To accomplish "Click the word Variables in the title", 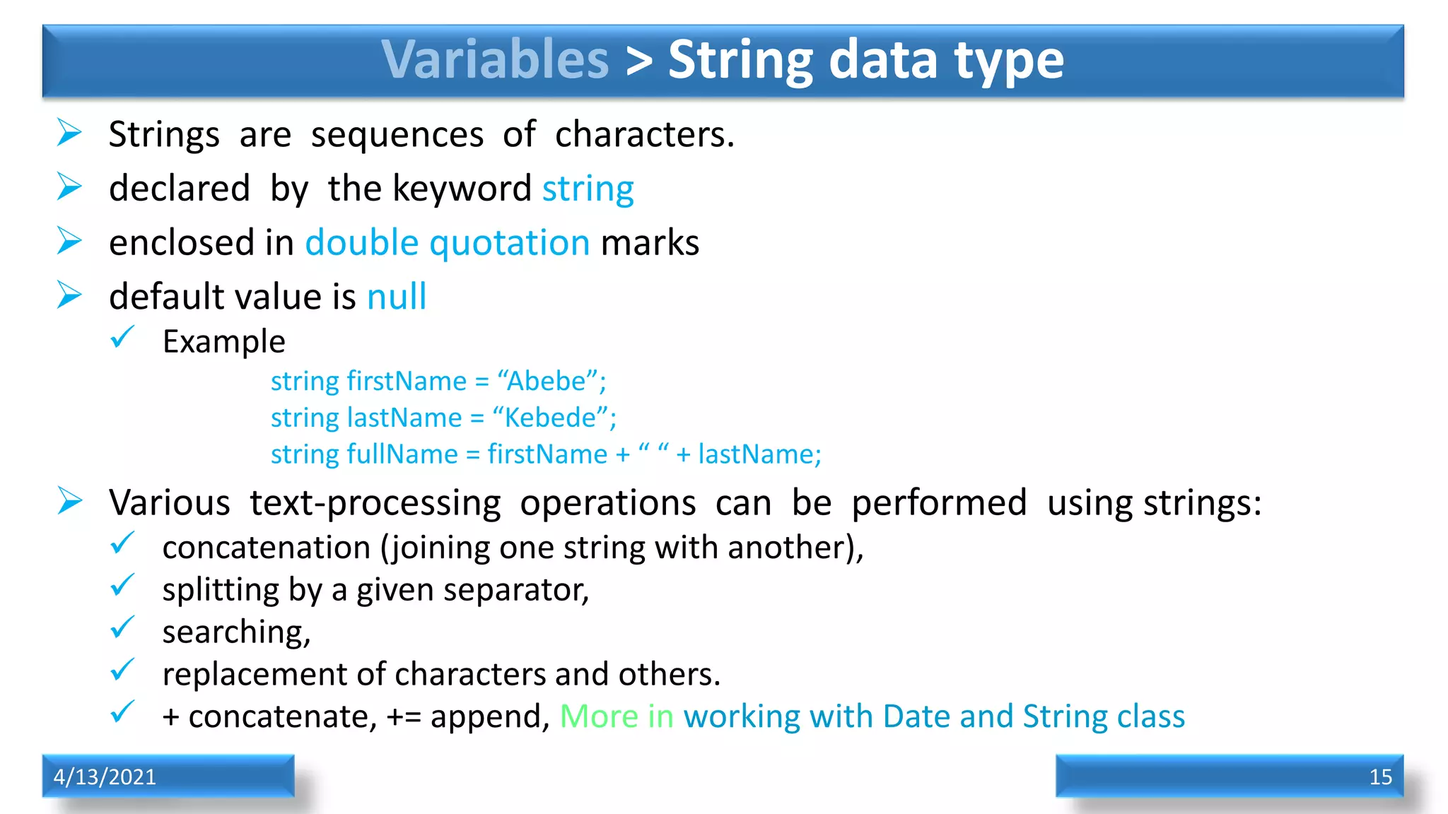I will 495,59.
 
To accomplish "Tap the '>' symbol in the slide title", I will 638,61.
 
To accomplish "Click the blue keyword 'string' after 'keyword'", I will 588,189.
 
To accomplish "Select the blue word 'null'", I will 397,297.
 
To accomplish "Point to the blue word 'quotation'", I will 509,244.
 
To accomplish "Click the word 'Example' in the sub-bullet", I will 223,342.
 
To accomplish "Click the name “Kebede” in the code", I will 550,418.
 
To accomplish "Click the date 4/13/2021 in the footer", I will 105,777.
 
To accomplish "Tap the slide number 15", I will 1380,777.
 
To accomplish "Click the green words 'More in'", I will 617,717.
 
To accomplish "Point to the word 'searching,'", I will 236,632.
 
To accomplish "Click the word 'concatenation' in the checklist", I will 266,548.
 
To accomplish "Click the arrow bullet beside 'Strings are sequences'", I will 69,133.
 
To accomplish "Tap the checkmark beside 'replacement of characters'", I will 122,670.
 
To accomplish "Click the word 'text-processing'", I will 375,504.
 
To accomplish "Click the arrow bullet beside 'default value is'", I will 69,295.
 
